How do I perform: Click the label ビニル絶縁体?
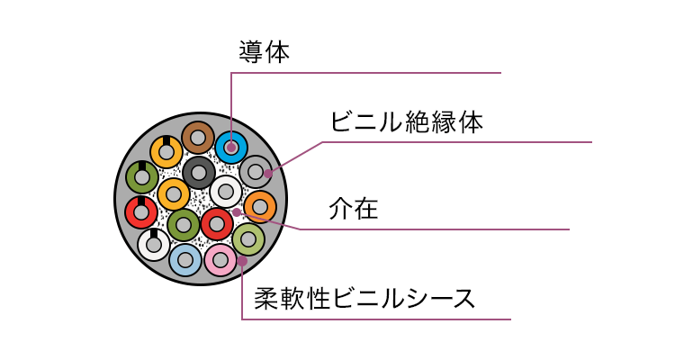[407, 122]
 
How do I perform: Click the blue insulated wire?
[231, 147]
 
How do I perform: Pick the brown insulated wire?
[197, 139]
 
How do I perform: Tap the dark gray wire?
[199, 171]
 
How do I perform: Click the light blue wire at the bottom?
[184, 260]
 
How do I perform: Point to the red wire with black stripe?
[140, 212]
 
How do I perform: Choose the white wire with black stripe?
[154, 244]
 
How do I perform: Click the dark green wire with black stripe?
[141, 177]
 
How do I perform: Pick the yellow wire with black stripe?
[166, 151]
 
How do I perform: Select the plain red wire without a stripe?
[217, 223]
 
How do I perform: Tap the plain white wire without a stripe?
[226, 191]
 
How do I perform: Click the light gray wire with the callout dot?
[256, 170]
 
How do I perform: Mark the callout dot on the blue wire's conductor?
[231, 147]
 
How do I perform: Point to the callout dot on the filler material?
[236, 211]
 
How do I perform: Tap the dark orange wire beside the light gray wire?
[260, 207]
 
